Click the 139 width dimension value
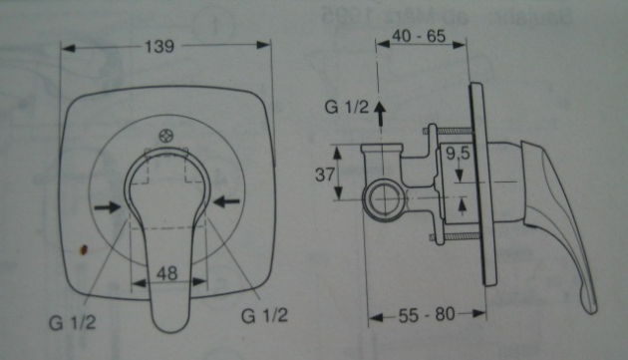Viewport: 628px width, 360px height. [x=159, y=46]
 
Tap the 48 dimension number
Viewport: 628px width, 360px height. [x=166, y=273]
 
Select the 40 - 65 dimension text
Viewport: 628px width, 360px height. [x=419, y=36]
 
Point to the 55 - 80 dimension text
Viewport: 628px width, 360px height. [x=427, y=315]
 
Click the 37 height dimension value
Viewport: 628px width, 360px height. [x=325, y=175]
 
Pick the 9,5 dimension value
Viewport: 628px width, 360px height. [x=459, y=154]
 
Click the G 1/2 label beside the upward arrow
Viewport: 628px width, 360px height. [x=347, y=107]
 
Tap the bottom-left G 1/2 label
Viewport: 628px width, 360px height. [x=73, y=322]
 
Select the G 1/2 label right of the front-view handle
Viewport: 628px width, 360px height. [x=264, y=315]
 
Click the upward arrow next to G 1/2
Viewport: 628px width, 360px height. [x=379, y=114]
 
